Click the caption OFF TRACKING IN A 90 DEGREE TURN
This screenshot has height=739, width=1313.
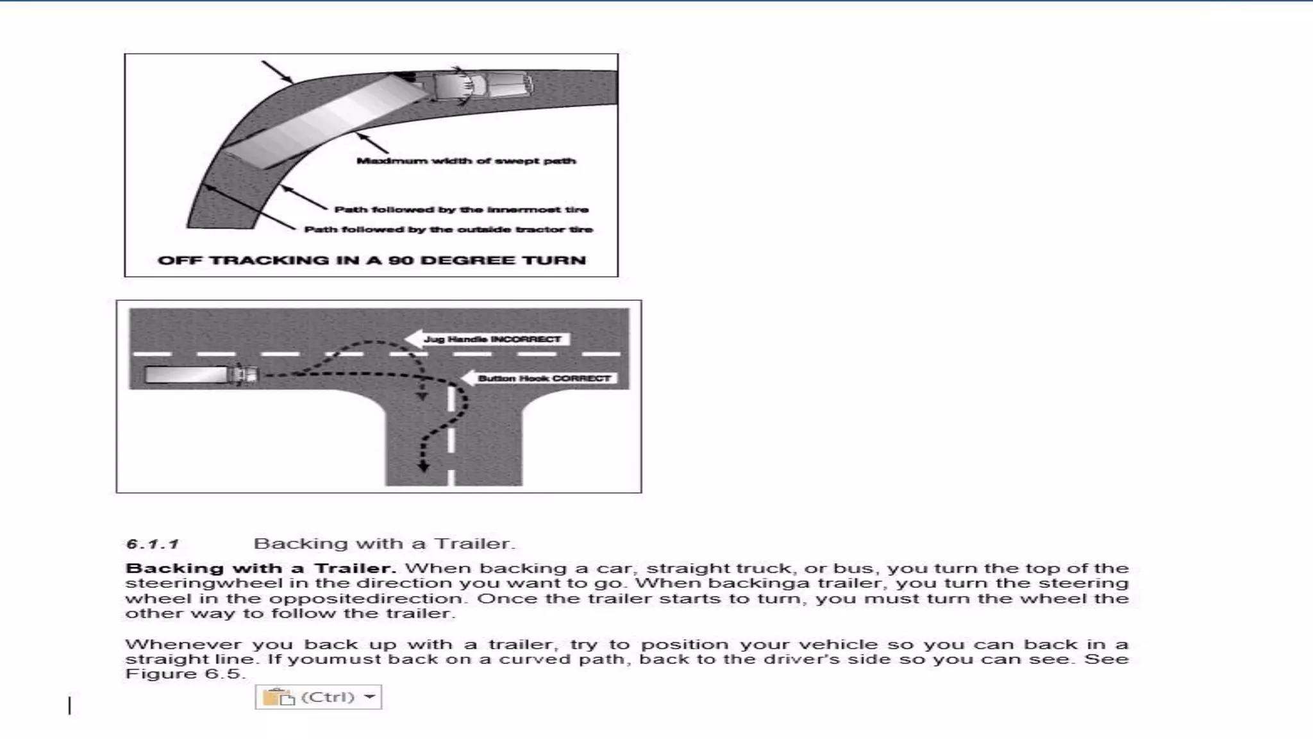(x=371, y=260)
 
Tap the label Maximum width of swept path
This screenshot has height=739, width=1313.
(x=466, y=161)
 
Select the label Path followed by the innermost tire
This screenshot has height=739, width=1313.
(x=461, y=210)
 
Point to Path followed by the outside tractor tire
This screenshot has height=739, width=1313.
(x=448, y=230)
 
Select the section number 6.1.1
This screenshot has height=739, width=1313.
(x=152, y=545)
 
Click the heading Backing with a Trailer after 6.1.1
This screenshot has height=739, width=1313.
(x=384, y=544)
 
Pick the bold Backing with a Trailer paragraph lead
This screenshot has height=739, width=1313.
(x=260, y=568)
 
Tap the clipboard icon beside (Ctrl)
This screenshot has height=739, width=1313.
(x=278, y=697)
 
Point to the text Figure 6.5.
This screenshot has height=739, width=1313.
(x=185, y=674)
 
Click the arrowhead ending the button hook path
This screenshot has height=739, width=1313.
(x=423, y=467)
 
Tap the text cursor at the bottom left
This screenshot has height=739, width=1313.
(x=70, y=706)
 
